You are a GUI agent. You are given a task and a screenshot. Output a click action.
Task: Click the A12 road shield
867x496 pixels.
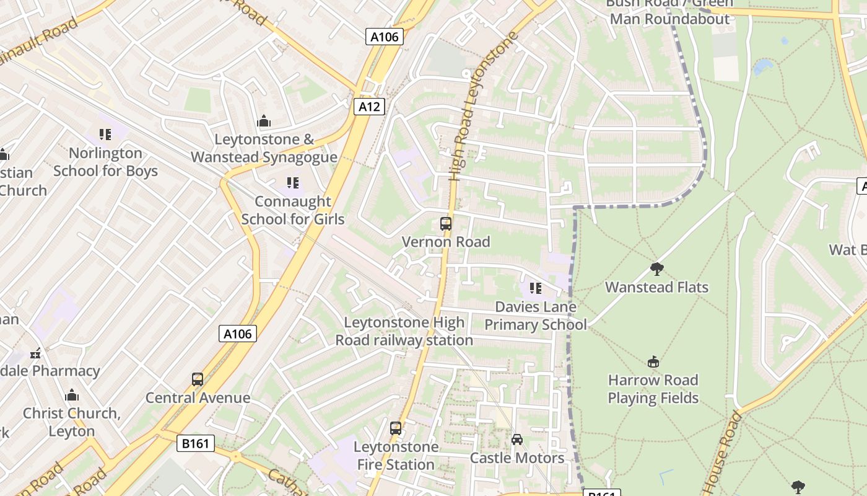coord(369,107)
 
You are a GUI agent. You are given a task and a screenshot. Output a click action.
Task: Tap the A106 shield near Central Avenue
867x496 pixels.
coord(238,334)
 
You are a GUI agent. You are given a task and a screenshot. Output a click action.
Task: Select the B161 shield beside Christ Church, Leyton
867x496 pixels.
coord(196,443)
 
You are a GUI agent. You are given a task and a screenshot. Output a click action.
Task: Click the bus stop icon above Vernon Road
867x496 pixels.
coord(446,224)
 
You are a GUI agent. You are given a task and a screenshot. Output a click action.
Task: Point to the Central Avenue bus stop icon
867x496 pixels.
coord(198,379)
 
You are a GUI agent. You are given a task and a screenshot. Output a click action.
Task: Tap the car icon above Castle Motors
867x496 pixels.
coord(517,440)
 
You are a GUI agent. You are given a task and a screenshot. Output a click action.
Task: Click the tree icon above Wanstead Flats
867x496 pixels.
coord(657,269)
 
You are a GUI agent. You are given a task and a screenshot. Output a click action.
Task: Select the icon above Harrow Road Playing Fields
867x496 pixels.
coord(653,362)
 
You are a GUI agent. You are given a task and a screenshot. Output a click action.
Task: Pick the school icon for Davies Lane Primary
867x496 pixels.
coord(536,288)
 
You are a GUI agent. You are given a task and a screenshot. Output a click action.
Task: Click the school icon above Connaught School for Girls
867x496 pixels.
coord(292,183)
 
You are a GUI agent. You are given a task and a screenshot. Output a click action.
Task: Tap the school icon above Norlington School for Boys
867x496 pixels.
coord(105,135)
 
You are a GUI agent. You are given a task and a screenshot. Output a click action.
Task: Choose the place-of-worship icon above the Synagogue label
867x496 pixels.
coord(264,121)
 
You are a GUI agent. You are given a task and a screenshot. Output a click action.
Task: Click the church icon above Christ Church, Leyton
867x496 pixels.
coord(72,395)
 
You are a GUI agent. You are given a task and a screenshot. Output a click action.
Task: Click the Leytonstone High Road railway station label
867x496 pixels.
coord(404,331)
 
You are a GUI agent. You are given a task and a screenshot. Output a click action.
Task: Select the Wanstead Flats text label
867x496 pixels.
coord(656,287)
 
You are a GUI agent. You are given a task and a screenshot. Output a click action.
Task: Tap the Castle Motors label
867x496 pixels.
coord(517,458)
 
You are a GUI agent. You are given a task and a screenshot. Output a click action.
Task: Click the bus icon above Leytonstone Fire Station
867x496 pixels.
coord(396,428)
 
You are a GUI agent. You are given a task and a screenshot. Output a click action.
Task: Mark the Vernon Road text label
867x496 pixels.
coord(446,242)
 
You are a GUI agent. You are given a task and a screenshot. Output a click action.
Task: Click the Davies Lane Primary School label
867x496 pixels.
coord(536,316)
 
